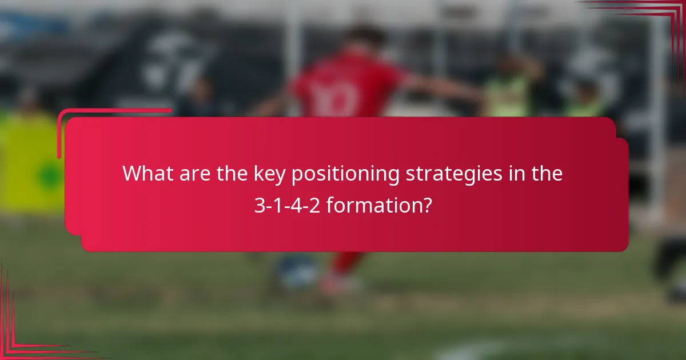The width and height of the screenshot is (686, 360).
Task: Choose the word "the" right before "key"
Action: click(x=234, y=174)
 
